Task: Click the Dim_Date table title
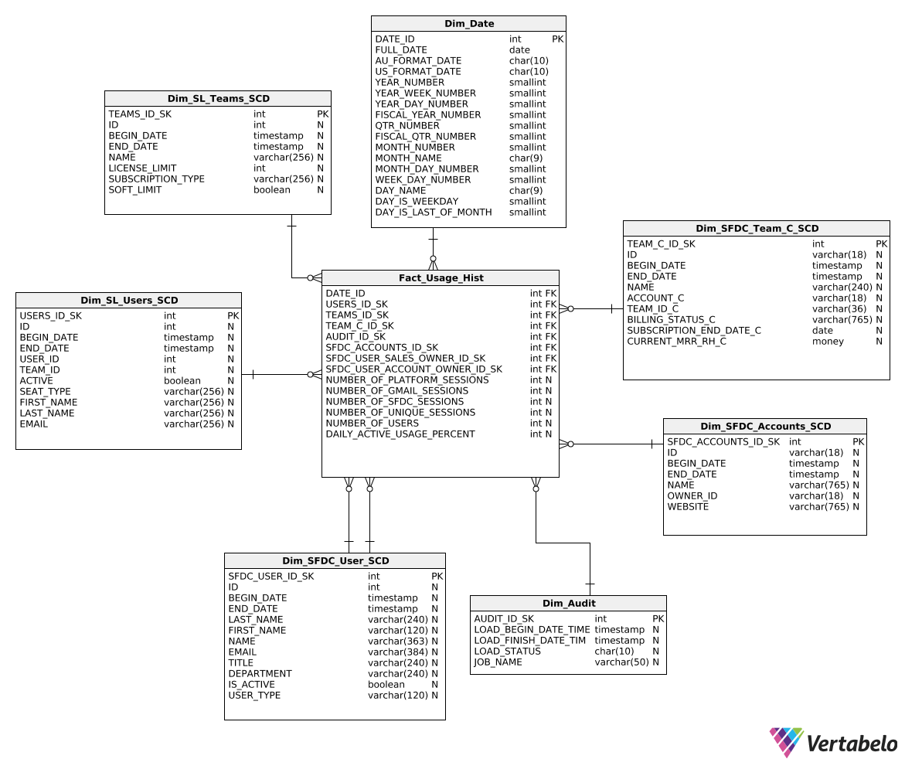(x=468, y=24)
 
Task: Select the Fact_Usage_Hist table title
(x=441, y=278)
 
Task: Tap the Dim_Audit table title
(x=568, y=604)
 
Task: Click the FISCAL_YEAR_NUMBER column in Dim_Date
(x=427, y=115)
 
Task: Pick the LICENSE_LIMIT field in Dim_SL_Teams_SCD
(x=142, y=169)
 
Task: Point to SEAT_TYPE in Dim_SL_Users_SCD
(x=45, y=392)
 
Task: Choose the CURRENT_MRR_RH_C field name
(x=676, y=342)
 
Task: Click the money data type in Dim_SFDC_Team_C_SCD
(x=828, y=342)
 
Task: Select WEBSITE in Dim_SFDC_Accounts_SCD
(x=688, y=507)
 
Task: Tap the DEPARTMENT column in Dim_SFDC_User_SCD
(x=260, y=674)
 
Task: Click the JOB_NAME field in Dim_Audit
(x=498, y=662)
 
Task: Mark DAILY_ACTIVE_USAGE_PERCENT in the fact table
(x=400, y=434)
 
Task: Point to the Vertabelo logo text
(x=852, y=744)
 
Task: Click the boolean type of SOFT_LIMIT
(x=272, y=190)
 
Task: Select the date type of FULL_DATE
(x=519, y=50)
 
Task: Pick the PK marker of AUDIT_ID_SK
(x=658, y=619)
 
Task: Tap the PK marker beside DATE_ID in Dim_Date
(x=557, y=39)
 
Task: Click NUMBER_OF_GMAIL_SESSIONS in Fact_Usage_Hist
(x=396, y=391)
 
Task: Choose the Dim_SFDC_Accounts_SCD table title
(x=765, y=427)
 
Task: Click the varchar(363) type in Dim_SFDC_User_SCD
(x=397, y=642)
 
